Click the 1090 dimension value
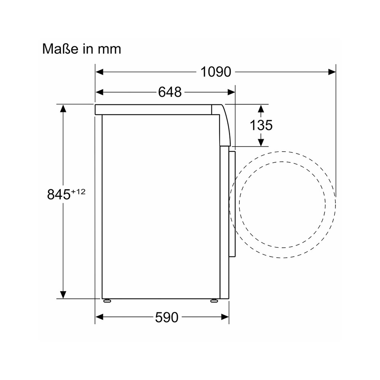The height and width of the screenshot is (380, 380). click(x=216, y=72)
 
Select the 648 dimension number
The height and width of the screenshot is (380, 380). click(x=169, y=92)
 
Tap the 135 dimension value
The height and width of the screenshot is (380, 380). click(x=261, y=125)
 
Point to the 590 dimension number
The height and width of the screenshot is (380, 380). click(x=167, y=317)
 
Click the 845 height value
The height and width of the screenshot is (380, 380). click(x=59, y=194)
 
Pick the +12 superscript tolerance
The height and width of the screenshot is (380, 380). click(x=78, y=192)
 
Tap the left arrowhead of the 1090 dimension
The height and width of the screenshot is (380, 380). click(x=100, y=72)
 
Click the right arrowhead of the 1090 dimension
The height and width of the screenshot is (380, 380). click(x=332, y=72)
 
